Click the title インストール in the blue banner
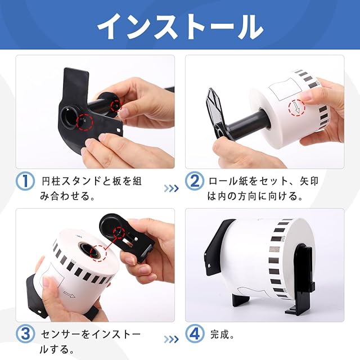tap(180, 26)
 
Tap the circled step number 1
tap(25, 181)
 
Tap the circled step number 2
tap(195, 181)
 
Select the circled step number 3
tap(25, 334)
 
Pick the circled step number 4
tap(195, 334)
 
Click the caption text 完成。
tap(222, 335)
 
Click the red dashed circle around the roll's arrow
tap(297, 107)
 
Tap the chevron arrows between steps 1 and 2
tap(171, 188)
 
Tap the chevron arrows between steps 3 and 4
tap(171, 339)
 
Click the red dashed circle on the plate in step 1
tap(84, 122)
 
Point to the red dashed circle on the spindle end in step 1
tap(116, 106)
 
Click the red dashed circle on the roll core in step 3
tap(98, 254)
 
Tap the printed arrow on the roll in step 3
tap(69, 294)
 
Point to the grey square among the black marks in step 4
tap(274, 249)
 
